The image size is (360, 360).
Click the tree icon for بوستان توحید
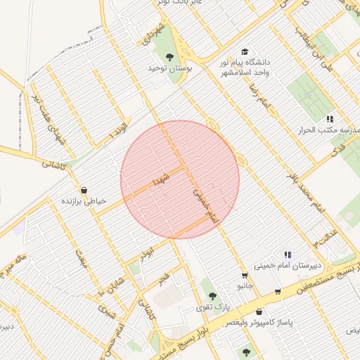click(x=169, y=57)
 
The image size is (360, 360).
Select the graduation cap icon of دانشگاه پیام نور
click(x=244, y=51)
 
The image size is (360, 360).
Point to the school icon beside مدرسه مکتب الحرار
click(x=330, y=119)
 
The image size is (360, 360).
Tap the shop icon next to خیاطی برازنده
click(x=84, y=190)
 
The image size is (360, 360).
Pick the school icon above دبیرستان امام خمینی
click(x=287, y=255)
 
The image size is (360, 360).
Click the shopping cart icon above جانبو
click(x=244, y=276)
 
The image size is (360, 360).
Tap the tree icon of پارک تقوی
click(x=212, y=296)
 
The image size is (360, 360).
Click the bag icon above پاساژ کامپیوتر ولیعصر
click(x=259, y=311)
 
